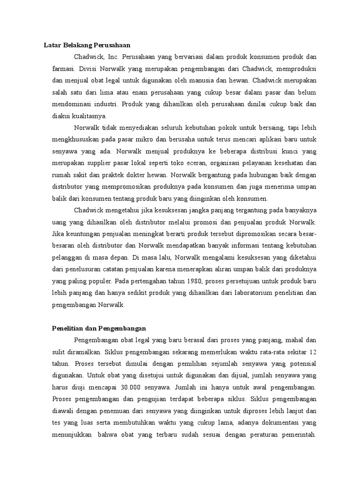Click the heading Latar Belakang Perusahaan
coord(86,45)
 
